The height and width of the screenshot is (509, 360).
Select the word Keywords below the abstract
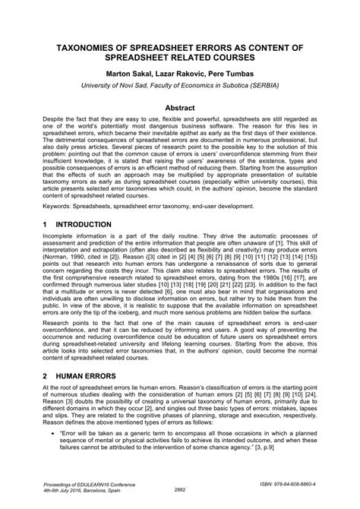[58, 205]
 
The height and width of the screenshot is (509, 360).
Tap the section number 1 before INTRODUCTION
[46, 225]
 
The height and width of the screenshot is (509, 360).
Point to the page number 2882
[179, 489]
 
